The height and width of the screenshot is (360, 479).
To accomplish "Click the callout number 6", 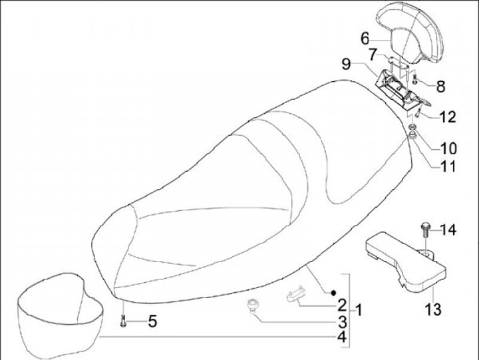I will click(365, 38).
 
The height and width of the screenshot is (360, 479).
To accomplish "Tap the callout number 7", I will click(374, 53).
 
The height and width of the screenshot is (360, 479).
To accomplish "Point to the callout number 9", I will click(346, 64).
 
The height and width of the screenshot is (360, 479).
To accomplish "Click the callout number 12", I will click(447, 118).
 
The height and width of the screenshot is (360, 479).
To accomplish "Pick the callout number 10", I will click(447, 147).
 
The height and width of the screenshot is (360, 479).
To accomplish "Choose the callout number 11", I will click(447, 164).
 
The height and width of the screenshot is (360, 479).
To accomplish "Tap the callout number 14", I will click(448, 230).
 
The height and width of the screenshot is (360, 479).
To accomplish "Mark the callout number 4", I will click(341, 338).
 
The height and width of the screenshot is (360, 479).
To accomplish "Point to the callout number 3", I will click(341, 323).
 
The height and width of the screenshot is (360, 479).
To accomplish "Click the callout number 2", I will click(341, 306).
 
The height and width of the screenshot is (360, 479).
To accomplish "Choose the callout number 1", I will click(359, 310).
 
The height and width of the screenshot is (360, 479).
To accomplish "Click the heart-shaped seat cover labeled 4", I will click(59, 313).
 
